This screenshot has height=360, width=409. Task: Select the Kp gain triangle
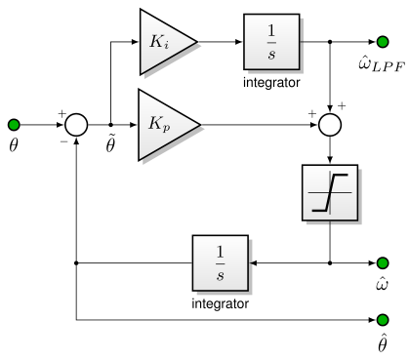(165, 125)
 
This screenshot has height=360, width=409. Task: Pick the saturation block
(331, 196)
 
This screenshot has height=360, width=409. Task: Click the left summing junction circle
(76, 125)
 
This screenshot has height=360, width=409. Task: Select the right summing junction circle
(331, 125)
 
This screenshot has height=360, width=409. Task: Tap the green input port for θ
(14, 125)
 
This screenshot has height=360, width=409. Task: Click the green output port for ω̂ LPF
(383, 42)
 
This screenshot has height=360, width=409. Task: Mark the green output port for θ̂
(383, 319)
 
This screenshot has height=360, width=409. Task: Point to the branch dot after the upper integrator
(331, 42)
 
